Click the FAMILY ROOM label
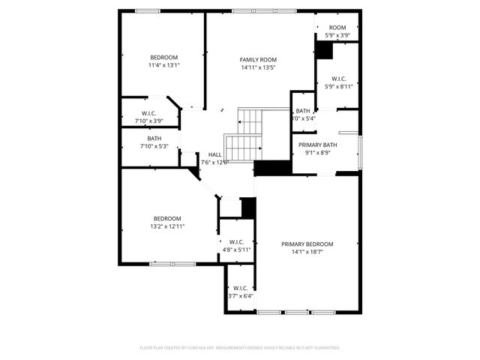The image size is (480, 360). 258,59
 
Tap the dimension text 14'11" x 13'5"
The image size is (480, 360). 258,67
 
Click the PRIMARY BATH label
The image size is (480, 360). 317,145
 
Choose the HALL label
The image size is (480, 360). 214,154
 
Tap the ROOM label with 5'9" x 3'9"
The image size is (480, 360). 337,27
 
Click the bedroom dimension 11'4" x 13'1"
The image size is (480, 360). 163,65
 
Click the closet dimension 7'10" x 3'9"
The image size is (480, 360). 148,121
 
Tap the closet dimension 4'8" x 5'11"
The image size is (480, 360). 235,250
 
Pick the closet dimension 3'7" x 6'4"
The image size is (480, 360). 240,295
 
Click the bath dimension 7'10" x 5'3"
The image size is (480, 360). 154,146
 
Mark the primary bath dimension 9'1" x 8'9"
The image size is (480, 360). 317,153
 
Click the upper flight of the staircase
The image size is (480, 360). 250,118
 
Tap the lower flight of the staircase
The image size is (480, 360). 241,148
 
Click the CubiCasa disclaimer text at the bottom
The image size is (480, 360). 240,348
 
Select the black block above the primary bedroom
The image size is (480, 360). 272,168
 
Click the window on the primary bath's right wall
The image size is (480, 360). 360,151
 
